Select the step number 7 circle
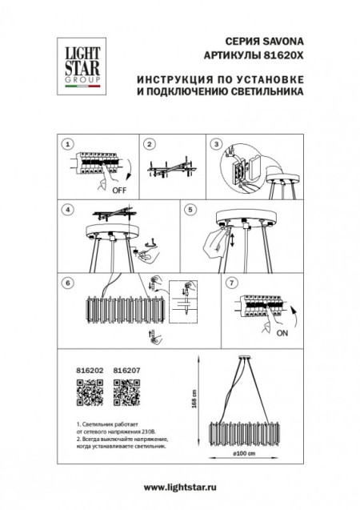pyautogui.click(x=232, y=282)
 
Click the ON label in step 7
pyautogui.click(x=281, y=339)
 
